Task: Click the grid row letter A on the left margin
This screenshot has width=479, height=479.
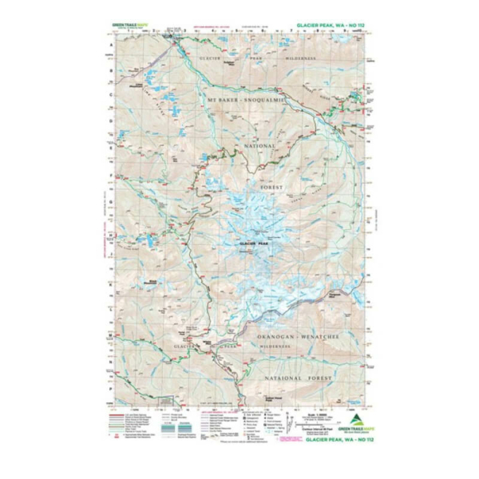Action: coord(109,46)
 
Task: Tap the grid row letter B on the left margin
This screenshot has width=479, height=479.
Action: coord(109,69)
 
